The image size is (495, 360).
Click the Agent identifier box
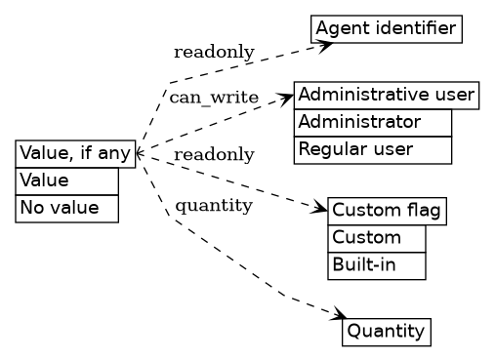(386, 28)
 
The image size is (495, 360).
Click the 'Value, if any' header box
(75, 153)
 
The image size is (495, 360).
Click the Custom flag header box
(387, 211)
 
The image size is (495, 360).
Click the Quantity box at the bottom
(386, 332)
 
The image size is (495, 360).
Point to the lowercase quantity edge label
(214, 205)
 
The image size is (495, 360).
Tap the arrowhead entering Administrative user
(287, 96)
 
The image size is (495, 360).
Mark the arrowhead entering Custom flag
(320, 209)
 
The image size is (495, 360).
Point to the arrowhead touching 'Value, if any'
(140, 153)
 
